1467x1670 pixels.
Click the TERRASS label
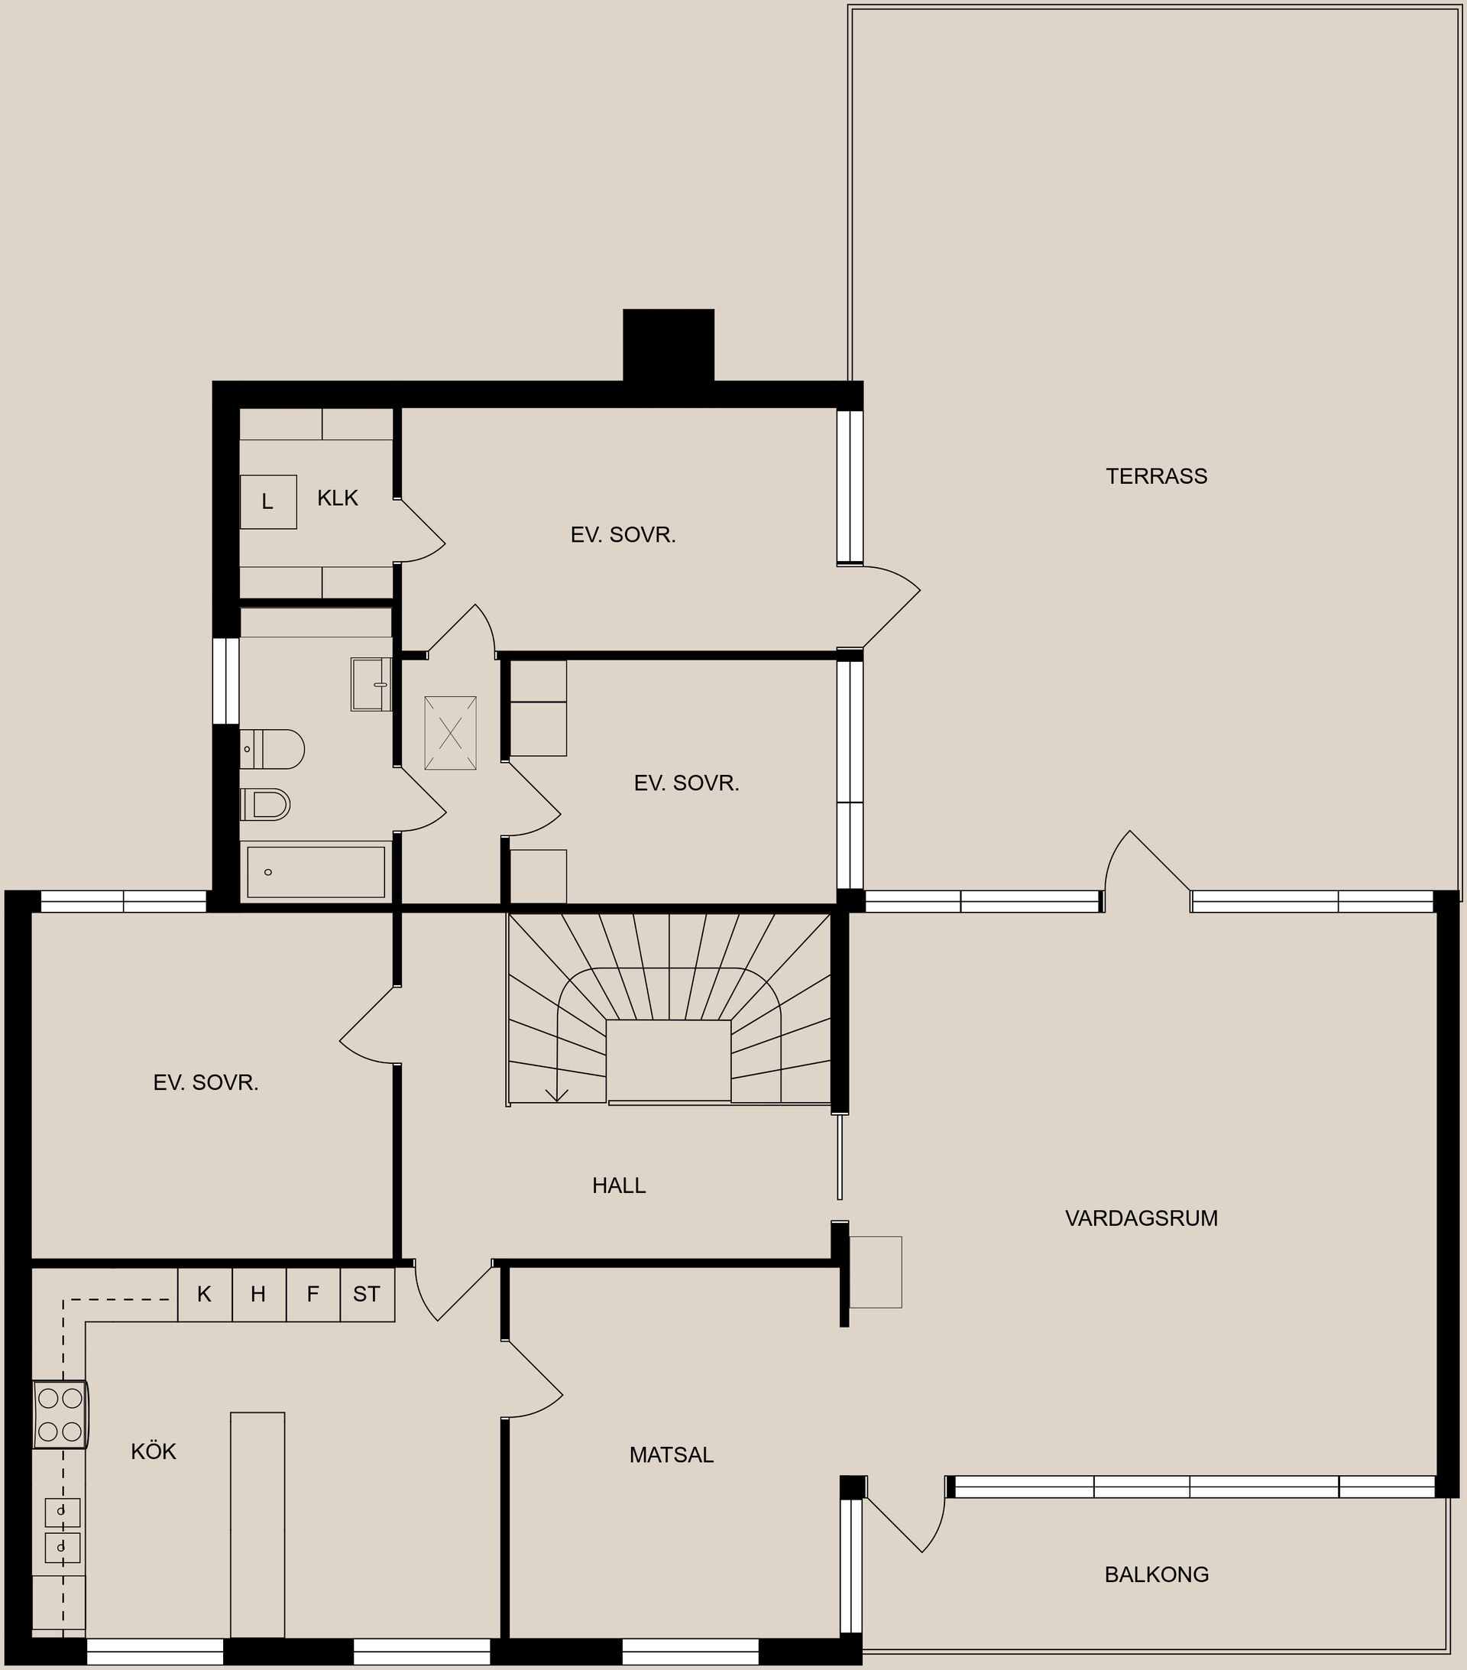point(1156,476)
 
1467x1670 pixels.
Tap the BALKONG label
point(1156,1574)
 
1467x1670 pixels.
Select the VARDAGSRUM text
point(1141,1218)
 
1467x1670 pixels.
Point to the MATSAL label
point(672,1455)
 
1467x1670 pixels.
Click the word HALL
point(618,1185)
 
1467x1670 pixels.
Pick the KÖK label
point(154,1452)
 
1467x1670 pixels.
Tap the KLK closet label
point(338,498)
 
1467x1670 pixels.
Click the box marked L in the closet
point(268,501)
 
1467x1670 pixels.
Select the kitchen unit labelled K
point(204,1294)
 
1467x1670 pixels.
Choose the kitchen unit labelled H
point(258,1294)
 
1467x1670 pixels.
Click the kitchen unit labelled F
point(313,1294)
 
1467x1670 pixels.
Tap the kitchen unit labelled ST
point(367,1294)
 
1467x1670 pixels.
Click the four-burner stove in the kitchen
point(60,1414)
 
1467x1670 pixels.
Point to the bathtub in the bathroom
point(316,873)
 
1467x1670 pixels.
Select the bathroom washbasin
point(371,685)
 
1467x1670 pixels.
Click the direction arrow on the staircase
point(557,1094)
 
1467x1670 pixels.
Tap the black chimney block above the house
point(668,345)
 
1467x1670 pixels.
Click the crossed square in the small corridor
point(450,733)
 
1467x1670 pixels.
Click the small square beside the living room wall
point(876,1272)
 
